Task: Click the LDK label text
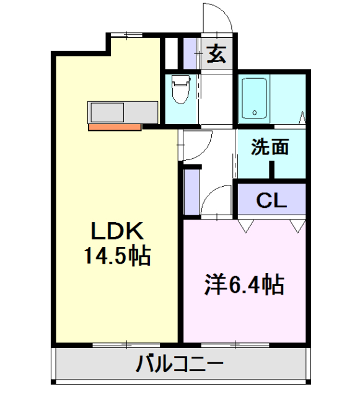118,231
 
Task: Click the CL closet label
271,200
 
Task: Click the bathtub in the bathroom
255,98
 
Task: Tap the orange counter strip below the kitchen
115,127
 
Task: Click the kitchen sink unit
108,112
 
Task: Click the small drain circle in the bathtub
255,113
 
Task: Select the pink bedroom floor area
245,310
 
